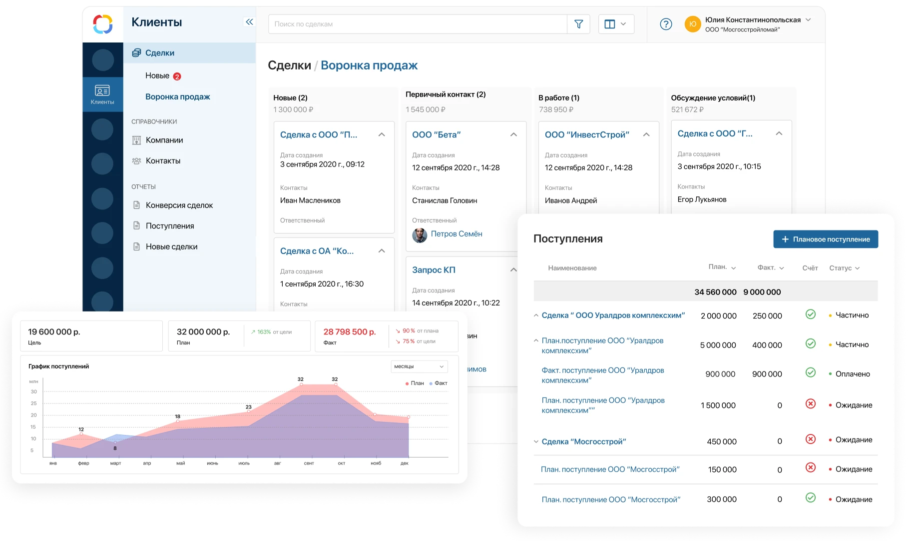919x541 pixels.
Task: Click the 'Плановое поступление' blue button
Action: point(826,239)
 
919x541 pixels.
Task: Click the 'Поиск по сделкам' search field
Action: point(417,24)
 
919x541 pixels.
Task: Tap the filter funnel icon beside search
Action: point(578,24)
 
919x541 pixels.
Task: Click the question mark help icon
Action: point(666,24)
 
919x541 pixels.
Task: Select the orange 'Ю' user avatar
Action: point(693,24)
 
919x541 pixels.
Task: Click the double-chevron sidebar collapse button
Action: point(249,22)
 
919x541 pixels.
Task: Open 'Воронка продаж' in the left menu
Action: point(177,96)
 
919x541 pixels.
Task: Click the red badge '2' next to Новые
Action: point(177,76)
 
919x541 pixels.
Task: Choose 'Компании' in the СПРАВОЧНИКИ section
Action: point(164,140)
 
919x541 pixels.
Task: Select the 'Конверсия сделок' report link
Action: point(179,205)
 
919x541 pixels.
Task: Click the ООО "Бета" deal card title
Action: point(436,134)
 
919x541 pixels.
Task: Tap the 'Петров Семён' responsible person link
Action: point(456,233)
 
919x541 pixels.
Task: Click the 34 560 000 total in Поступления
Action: point(715,292)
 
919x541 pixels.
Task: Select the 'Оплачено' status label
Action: point(852,374)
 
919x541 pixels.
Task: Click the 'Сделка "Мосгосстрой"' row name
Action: point(583,441)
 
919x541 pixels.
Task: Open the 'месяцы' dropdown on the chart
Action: point(419,366)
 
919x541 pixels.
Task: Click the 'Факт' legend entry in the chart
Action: point(441,383)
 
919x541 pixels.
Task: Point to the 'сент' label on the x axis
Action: point(309,463)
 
